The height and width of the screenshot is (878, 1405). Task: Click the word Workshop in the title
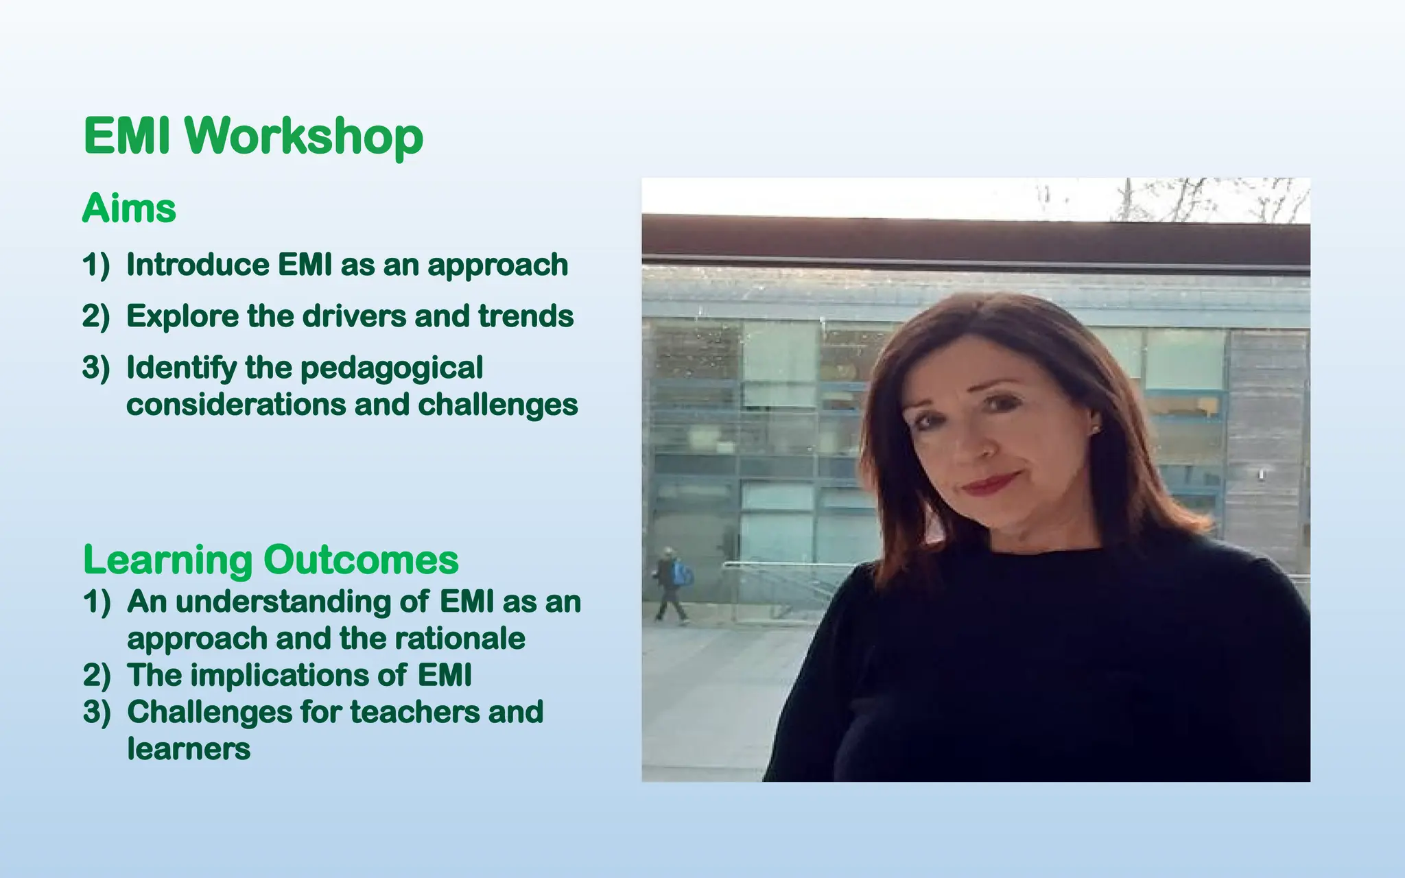coord(304,136)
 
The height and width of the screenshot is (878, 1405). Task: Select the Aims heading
coord(129,208)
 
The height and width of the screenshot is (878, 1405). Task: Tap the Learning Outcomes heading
coord(270,560)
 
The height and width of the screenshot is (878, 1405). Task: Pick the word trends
coord(526,316)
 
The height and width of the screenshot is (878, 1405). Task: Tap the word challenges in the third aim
coord(498,405)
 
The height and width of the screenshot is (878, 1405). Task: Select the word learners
coord(189,748)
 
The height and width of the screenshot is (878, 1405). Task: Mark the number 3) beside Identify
coord(96,368)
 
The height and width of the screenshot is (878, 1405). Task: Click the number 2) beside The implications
coord(97,676)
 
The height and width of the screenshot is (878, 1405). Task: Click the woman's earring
coord(1094,429)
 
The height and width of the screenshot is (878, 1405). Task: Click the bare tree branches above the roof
coord(1207,198)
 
